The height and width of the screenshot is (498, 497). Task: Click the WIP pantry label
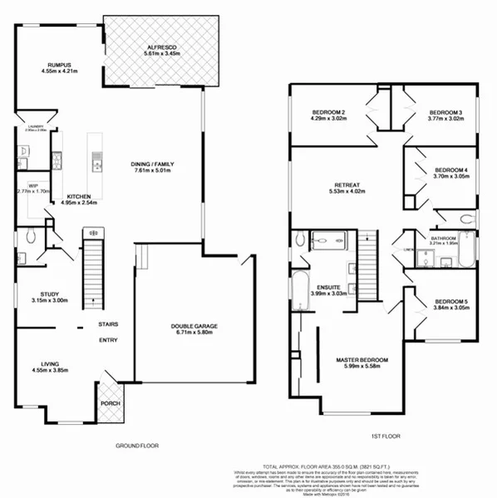(x=33, y=185)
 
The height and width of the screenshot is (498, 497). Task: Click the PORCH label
(x=110, y=404)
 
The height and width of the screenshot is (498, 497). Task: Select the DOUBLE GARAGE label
(x=194, y=327)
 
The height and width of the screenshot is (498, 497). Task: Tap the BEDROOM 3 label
(x=445, y=112)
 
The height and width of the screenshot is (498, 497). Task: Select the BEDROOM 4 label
(x=451, y=170)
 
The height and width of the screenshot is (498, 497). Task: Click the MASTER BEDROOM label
(x=368, y=360)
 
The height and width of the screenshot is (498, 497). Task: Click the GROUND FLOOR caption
(x=137, y=446)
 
